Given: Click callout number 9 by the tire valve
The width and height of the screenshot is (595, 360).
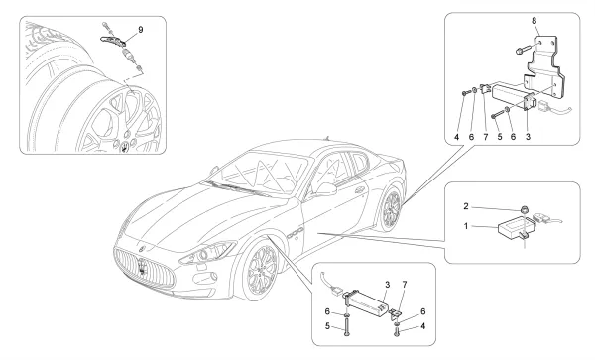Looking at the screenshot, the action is click(x=141, y=30).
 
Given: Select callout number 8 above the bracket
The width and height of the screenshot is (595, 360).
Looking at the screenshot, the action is click(x=535, y=21).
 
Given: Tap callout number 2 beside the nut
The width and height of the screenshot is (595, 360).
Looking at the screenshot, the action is click(x=466, y=206).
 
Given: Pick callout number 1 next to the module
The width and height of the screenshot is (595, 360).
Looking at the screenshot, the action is click(x=466, y=226).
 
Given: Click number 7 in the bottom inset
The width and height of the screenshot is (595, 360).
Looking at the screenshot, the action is click(x=405, y=284).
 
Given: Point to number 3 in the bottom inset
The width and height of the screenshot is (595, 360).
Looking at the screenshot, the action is click(x=388, y=284).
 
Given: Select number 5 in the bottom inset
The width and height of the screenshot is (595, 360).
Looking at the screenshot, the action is click(x=327, y=326).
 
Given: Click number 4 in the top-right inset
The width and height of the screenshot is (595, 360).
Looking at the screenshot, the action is click(x=456, y=137).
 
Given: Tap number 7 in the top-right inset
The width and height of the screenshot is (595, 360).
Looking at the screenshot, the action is click(x=486, y=137).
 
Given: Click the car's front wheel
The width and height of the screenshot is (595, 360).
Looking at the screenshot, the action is click(x=262, y=271).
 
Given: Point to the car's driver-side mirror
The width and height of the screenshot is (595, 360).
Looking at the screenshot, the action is click(x=325, y=188).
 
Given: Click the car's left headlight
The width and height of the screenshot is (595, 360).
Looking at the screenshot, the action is click(x=207, y=253).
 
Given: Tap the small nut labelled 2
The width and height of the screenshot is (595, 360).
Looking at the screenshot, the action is click(x=524, y=209).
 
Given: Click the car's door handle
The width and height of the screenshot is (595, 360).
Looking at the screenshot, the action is click(x=359, y=189).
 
